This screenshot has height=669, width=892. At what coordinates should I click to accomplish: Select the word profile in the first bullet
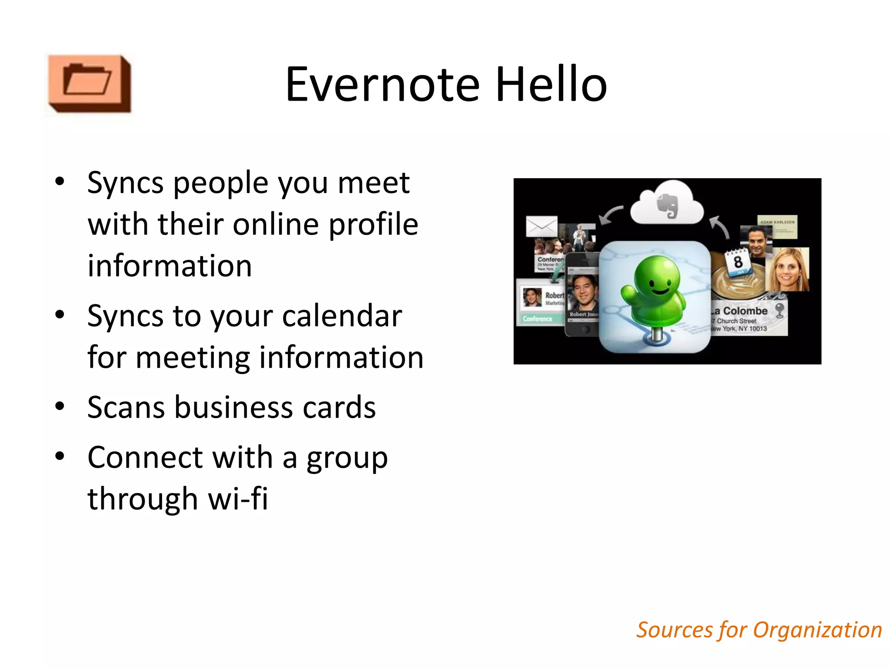[373, 224]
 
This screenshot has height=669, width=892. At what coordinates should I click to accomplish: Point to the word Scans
[126, 408]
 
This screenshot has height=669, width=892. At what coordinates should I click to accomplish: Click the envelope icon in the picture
[541, 226]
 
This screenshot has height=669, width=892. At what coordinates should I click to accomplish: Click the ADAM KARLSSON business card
[777, 226]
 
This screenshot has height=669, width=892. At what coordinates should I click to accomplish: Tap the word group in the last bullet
[347, 458]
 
